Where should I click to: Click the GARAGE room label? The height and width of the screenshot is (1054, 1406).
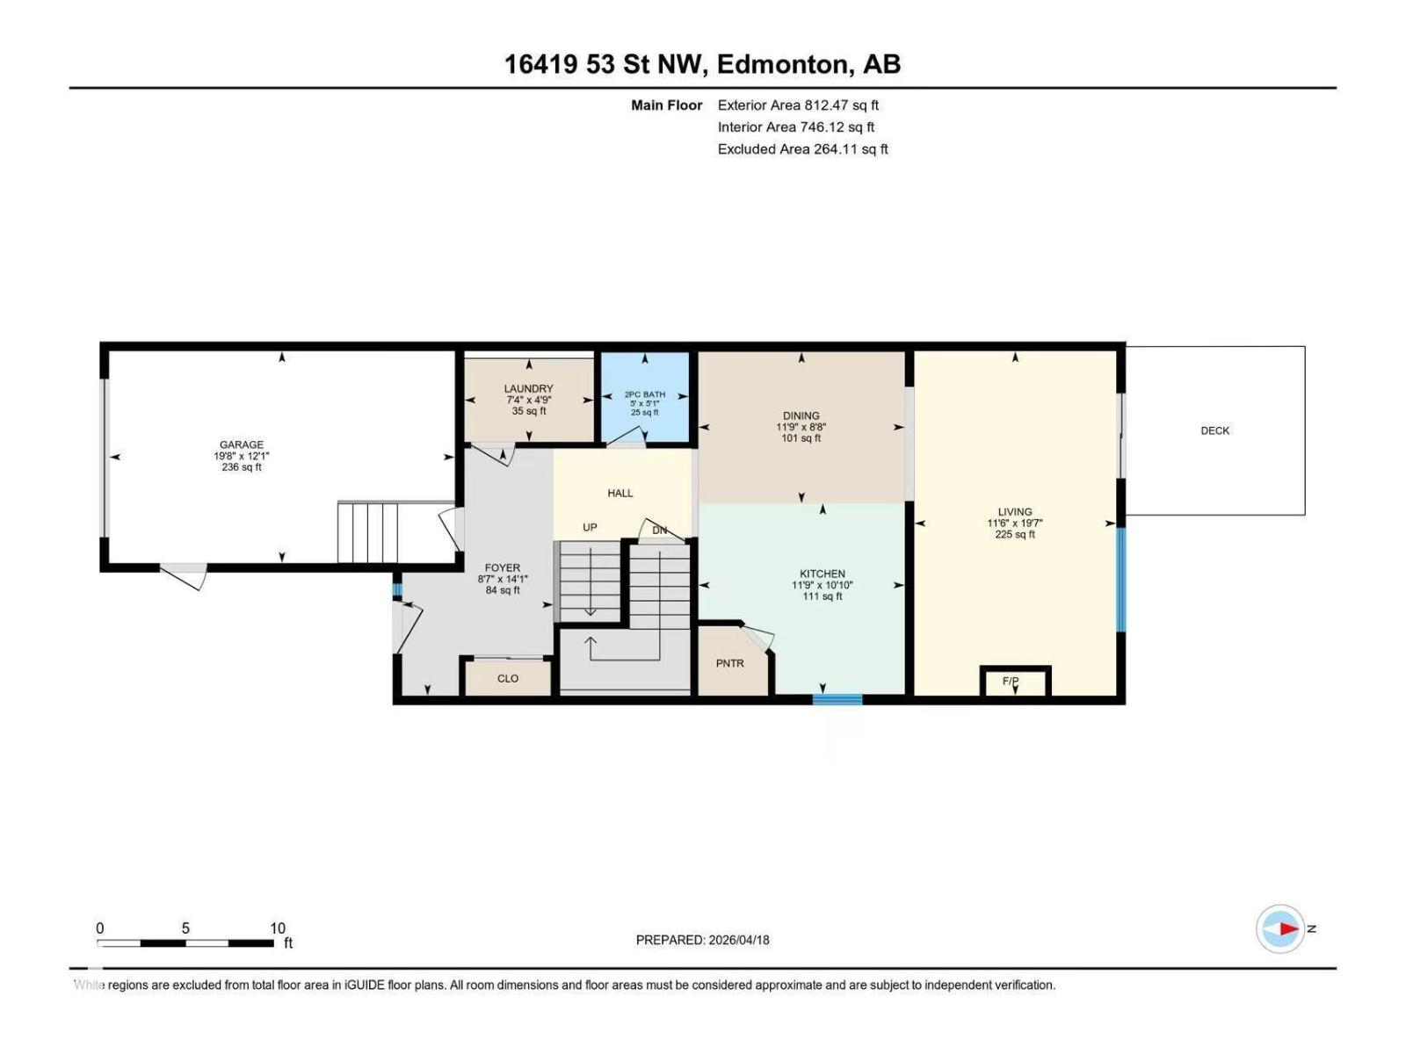(241, 445)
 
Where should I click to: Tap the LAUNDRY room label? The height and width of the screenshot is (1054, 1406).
(528, 388)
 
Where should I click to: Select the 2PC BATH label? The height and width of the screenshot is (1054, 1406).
(644, 395)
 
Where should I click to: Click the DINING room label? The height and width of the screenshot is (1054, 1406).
(801, 415)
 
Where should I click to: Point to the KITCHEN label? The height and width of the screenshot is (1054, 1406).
(822, 574)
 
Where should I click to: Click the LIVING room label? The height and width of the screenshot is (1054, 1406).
(1014, 511)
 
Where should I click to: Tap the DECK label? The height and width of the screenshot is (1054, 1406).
(1214, 430)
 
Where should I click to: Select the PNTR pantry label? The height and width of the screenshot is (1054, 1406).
(729, 663)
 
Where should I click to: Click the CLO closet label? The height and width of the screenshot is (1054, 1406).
(508, 678)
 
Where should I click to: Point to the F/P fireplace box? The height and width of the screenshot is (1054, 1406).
(1015, 681)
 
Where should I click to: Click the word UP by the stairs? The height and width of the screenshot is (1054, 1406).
(590, 527)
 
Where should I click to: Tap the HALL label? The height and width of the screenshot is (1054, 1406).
(620, 493)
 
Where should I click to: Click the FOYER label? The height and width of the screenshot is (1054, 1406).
(502, 567)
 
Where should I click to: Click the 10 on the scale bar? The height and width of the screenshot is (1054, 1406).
(278, 928)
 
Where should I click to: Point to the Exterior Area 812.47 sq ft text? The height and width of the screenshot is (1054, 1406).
(798, 105)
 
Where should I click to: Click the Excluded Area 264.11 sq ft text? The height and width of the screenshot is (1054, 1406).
(802, 149)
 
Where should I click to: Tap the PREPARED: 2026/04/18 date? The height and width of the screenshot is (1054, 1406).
(702, 940)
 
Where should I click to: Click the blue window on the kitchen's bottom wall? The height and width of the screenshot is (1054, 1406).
(837, 699)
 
